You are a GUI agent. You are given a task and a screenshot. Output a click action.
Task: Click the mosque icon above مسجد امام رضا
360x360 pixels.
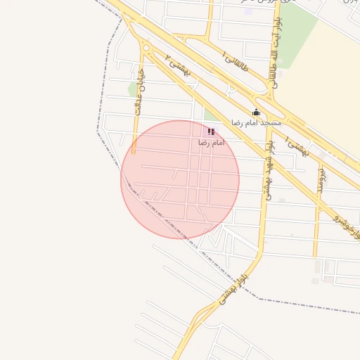coord(256,112)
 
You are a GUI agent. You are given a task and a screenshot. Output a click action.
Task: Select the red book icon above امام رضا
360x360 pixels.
coord(211,131)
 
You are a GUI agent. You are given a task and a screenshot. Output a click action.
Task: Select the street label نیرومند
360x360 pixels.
coord(321,179)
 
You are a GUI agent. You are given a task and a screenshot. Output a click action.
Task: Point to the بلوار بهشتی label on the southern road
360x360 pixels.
coord(234,290)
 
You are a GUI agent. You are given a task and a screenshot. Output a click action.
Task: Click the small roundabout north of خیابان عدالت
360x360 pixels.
coord(146,48)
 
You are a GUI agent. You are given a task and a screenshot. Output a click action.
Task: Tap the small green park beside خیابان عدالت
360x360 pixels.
coord(132,89)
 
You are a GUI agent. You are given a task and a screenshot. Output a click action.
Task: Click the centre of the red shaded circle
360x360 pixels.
coord(180,180)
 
